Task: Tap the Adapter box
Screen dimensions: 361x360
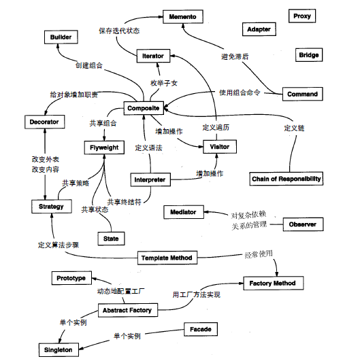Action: coord(259,29)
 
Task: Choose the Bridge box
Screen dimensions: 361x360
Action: coord(308,55)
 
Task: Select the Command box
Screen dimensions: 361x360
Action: coord(301,94)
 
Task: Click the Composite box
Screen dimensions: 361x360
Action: coord(142,108)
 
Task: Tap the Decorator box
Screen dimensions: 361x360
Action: coord(44,122)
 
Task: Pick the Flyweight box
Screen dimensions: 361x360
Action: coord(105,148)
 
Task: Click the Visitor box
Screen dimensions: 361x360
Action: coord(220,146)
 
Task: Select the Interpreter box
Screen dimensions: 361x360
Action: coord(149,180)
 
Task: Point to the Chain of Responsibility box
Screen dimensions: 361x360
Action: coord(286,179)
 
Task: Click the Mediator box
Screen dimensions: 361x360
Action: coord(182,212)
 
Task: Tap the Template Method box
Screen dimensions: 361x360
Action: coord(167,258)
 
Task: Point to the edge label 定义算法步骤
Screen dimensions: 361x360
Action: coord(59,243)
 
